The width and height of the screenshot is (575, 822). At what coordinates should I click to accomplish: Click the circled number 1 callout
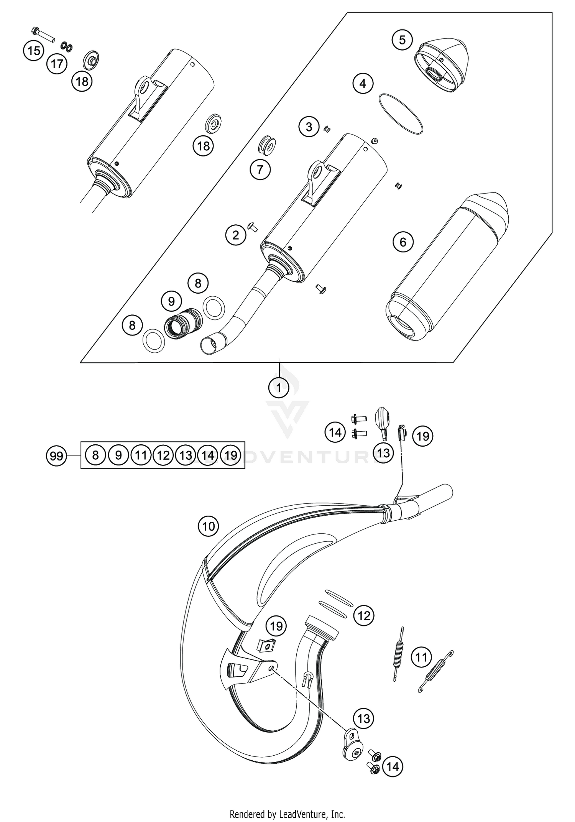tap(279, 388)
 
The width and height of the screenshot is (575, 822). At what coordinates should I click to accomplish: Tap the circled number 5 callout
tap(402, 40)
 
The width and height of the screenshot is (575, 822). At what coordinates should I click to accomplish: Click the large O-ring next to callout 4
tap(401, 113)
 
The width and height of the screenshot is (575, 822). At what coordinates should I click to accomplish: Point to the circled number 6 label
tap(403, 242)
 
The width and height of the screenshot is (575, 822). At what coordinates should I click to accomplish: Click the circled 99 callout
tap(56, 456)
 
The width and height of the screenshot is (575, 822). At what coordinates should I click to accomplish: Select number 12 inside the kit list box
tap(163, 455)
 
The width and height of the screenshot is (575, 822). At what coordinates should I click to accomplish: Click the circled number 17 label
tap(57, 64)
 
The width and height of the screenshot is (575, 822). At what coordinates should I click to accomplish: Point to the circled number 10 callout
tap(209, 526)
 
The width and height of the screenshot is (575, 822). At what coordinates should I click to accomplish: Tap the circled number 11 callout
tap(421, 657)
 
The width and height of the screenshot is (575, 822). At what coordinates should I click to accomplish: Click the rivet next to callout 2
tap(253, 227)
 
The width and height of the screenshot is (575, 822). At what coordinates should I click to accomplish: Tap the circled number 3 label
tap(309, 127)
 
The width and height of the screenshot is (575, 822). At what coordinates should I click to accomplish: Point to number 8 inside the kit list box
tap(95, 455)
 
